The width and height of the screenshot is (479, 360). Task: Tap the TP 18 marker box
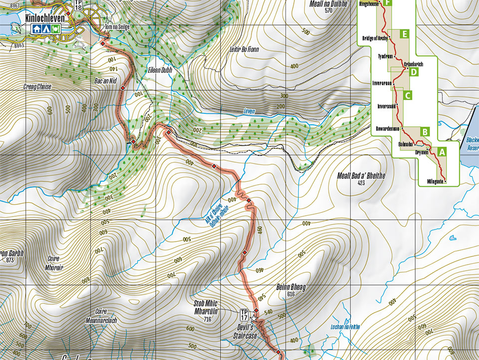point(78,5)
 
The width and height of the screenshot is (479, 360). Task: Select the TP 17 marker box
point(244,314)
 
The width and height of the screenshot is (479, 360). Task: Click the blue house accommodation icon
point(36,29)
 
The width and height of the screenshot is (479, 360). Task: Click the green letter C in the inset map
point(408,95)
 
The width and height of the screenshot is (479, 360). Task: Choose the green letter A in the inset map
point(442,150)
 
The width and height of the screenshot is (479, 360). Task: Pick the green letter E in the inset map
point(404,34)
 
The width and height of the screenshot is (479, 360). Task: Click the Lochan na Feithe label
point(345,327)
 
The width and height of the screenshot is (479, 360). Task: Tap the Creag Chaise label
point(37,86)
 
